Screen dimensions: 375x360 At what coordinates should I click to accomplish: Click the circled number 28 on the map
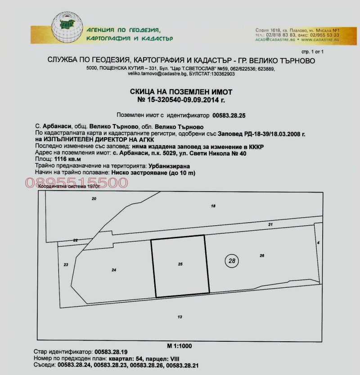[232, 260]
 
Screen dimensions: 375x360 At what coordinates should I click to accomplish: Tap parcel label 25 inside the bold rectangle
[180, 264]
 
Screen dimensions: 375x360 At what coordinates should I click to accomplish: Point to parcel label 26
[261, 255]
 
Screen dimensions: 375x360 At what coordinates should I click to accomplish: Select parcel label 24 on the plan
[113, 270]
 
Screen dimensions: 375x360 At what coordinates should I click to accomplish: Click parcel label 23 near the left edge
[66, 265]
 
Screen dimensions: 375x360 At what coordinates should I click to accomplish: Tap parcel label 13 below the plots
[180, 317]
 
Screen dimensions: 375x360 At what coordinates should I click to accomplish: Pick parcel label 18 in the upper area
[213, 205]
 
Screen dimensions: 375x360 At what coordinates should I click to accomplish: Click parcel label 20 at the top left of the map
[94, 198]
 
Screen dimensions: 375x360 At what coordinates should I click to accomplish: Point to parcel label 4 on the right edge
[318, 242]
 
